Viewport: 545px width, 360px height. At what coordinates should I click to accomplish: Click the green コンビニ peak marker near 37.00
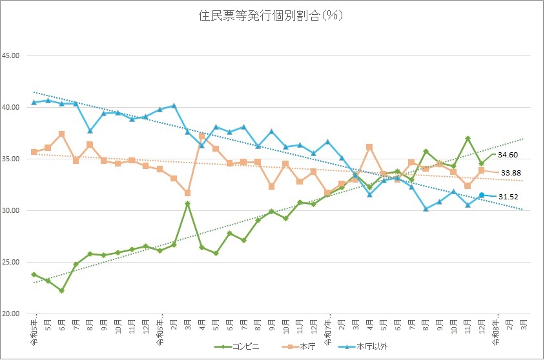click(x=468, y=139)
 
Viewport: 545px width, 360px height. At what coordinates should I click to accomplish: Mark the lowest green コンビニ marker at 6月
click(x=62, y=291)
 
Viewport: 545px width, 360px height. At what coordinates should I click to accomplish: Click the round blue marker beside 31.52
click(x=482, y=195)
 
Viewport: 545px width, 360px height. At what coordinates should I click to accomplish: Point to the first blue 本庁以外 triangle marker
click(x=34, y=102)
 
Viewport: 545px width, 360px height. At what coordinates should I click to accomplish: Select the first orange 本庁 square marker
click(x=34, y=152)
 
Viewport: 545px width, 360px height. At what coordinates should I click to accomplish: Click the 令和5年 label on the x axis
click(x=34, y=329)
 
